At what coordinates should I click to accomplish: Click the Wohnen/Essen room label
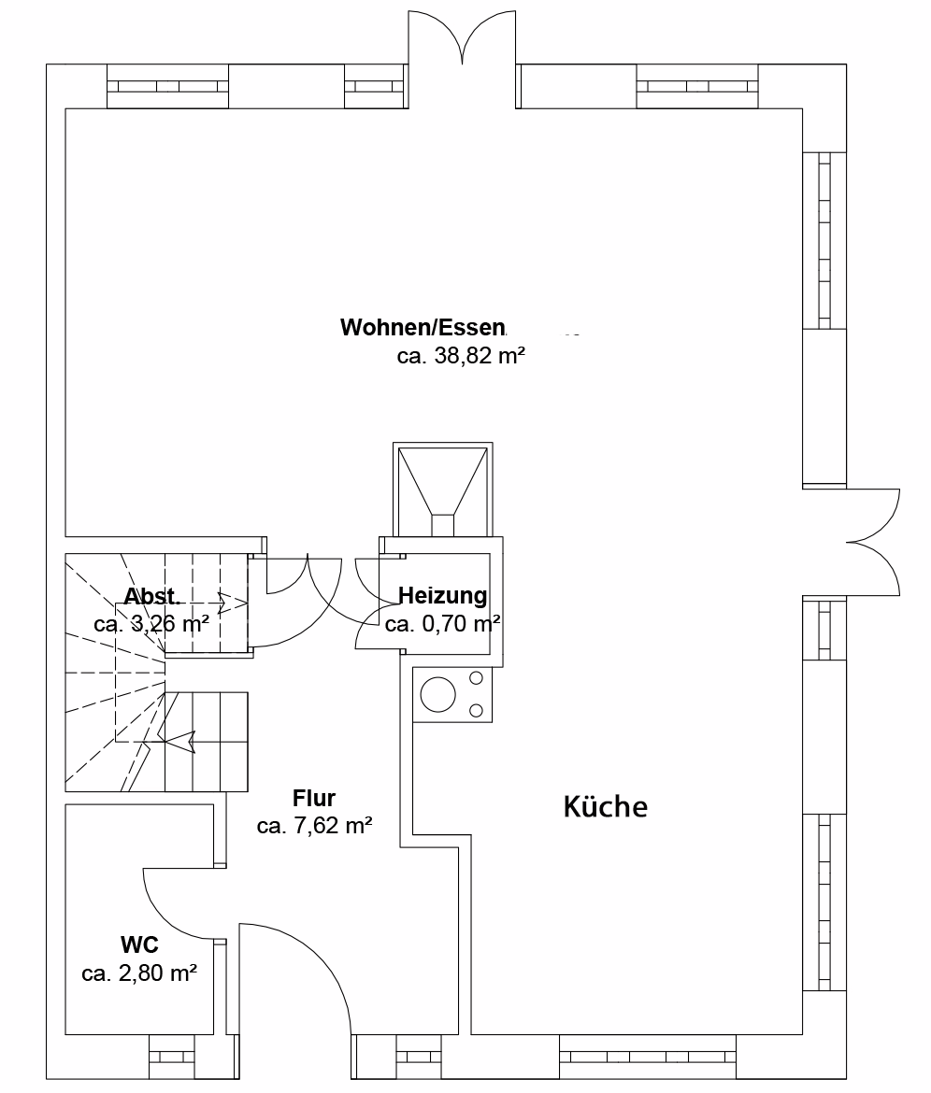pyautogui.click(x=423, y=327)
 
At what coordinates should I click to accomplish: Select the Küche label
pyautogui.click(x=606, y=806)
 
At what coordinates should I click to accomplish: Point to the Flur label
pyautogui.click(x=314, y=798)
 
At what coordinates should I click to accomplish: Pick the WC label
pyautogui.click(x=139, y=944)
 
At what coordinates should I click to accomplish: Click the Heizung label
pyautogui.click(x=443, y=595)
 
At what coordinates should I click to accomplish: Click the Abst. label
pyautogui.click(x=152, y=596)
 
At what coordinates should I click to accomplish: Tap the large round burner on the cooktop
pyautogui.click(x=438, y=694)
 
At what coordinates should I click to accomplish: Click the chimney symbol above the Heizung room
pyautogui.click(x=443, y=490)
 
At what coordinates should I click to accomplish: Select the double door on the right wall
pyautogui.click(x=872, y=542)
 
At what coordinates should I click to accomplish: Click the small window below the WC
pyautogui.click(x=172, y=1056)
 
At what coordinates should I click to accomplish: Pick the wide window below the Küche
pyautogui.click(x=648, y=1057)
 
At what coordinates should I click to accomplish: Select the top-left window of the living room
pyautogui.click(x=167, y=87)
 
